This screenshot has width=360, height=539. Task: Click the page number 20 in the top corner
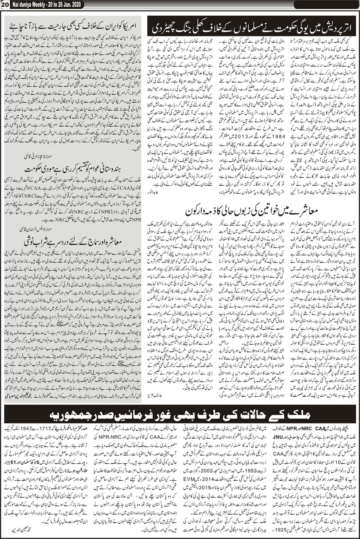5,4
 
